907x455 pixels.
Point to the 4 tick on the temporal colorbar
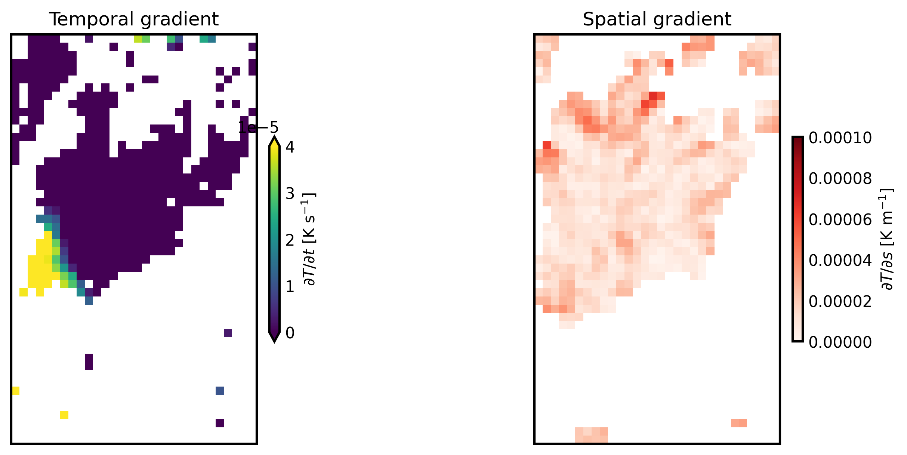tap(290, 147)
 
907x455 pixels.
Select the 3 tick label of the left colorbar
tap(290, 194)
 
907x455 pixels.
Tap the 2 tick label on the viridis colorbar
tap(290, 240)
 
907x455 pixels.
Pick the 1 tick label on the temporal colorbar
tap(290, 286)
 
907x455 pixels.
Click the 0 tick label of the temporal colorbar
tap(290, 333)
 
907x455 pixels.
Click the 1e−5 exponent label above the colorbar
tap(258, 128)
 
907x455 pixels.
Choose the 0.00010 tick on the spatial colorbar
tap(840, 138)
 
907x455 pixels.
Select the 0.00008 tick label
tap(840, 179)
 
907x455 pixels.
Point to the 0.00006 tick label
tap(840, 219)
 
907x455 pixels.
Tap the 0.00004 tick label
tap(840, 260)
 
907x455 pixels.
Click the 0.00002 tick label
tap(840, 301)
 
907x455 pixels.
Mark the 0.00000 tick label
tap(840, 342)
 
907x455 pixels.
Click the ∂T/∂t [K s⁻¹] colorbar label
tap(310, 239)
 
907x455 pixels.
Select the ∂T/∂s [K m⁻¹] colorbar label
tap(886, 239)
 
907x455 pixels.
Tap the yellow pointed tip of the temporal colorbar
tap(274, 141)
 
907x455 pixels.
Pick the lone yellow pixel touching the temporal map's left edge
tap(16, 391)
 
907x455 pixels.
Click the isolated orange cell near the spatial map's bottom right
tap(739, 423)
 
